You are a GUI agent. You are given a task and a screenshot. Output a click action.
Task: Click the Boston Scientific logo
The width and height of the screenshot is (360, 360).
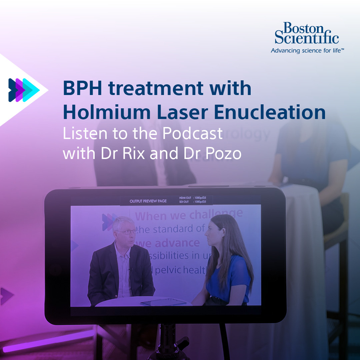pyautogui.click(x=307, y=33)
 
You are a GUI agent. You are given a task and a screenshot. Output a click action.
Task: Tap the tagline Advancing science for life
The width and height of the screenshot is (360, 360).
pyautogui.click(x=307, y=51)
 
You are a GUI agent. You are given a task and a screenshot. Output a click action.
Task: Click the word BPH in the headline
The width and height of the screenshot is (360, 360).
pyautogui.click(x=83, y=89)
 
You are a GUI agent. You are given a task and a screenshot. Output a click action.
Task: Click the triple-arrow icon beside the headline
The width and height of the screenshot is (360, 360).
pyautogui.click(x=23, y=90)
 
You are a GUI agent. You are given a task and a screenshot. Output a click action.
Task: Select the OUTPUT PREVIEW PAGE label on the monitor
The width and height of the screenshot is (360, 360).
pyautogui.click(x=148, y=201)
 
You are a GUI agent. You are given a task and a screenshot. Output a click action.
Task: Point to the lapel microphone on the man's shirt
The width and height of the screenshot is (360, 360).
pyautogui.click(x=131, y=269)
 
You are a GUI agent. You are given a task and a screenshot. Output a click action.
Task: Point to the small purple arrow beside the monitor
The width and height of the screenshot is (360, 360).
pyautogui.click(x=7, y=295)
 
